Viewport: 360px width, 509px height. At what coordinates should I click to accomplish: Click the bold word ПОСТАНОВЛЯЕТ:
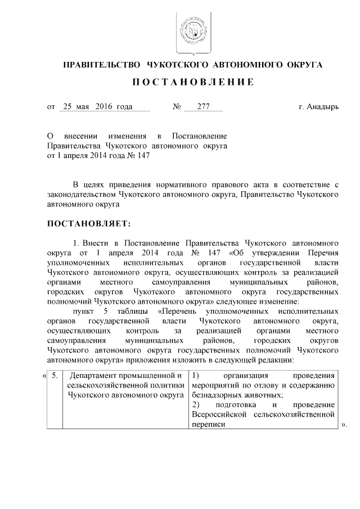[89, 224]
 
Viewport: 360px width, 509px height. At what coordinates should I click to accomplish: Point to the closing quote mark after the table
[344, 426]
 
